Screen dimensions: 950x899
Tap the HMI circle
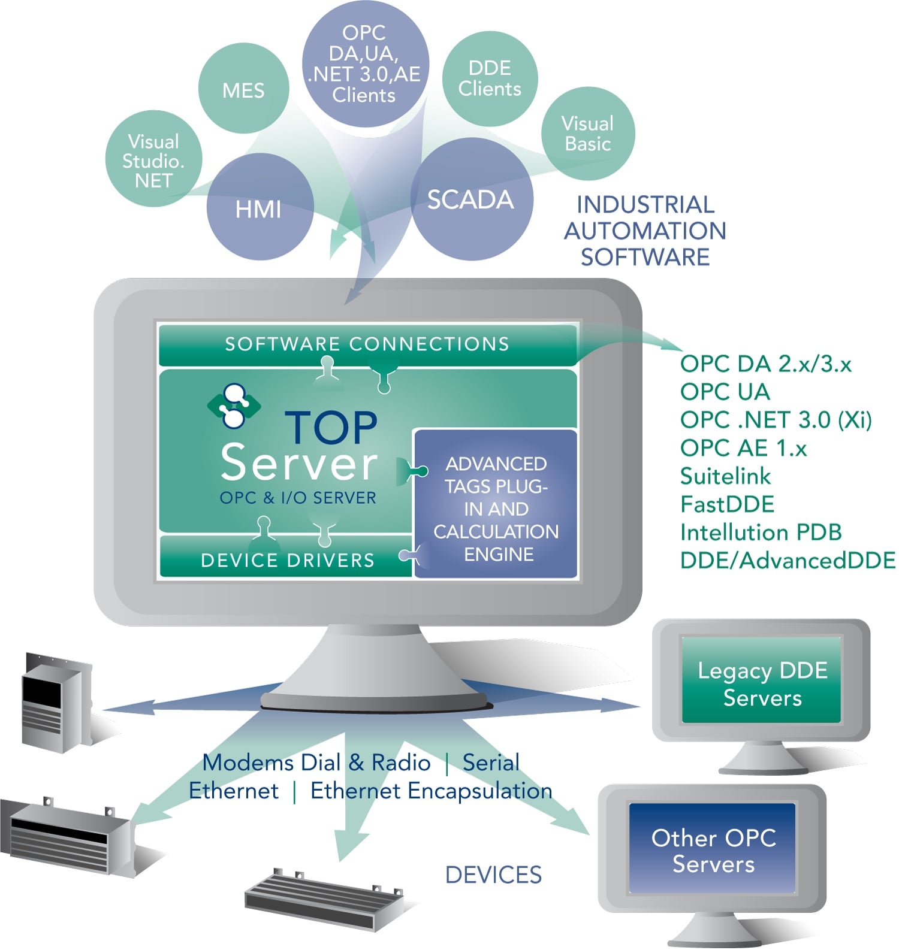click(259, 208)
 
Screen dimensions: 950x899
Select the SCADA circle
click(470, 199)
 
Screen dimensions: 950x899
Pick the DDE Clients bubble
click(490, 78)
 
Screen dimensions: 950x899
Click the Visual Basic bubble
click(587, 134)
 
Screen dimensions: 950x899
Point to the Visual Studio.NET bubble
click(153, 160)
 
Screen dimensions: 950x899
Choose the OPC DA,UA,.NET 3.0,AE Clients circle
click(364, 63)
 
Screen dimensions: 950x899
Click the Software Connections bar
click(367, 344)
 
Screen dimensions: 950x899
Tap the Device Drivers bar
click(288, 559)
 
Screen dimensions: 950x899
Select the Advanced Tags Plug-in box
click(496, 508)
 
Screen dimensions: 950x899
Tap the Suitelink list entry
click(725, 476)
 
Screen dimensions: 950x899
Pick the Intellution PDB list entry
click(761, 533)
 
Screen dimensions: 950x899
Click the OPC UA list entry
click(725, 392)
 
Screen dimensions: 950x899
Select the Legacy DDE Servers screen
click(761, 683)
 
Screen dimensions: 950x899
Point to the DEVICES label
click(493, 875)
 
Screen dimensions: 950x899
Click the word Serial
click(491, 763)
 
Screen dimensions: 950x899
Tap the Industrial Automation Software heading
click(645, 231)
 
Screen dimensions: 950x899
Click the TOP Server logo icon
click(234, 406)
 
